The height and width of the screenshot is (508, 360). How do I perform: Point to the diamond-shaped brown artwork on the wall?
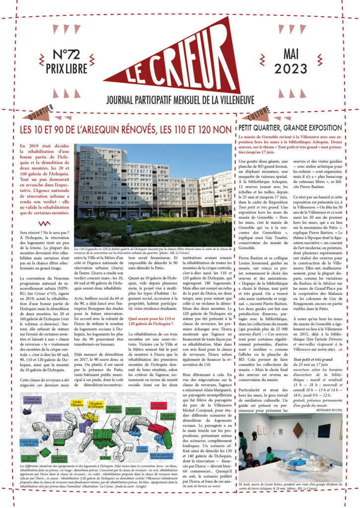(297, 429)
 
